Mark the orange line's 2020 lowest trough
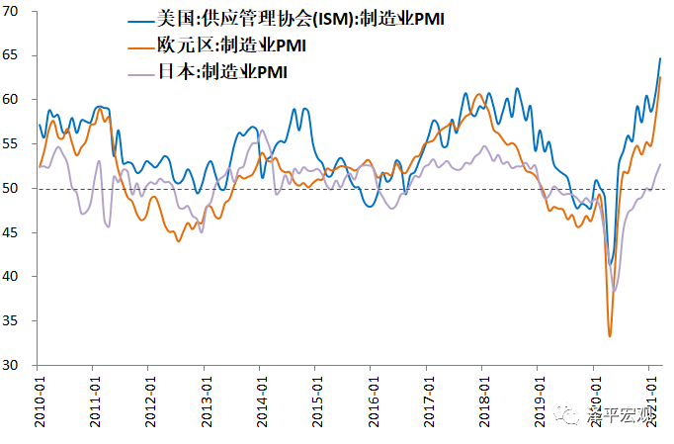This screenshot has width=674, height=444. pyautogui.click(x=610, y=336)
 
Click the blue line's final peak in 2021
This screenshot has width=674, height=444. pyautogui.click(x=660, y=58)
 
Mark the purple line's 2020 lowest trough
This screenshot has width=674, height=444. pyautogui.click(x=615, y=290)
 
